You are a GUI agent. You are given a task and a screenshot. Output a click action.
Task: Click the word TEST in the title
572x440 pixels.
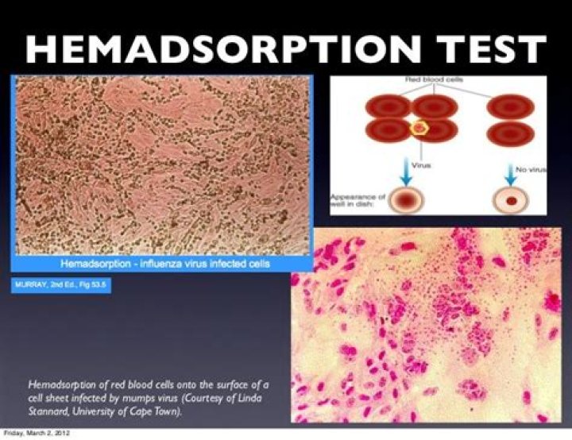pyautogui.click(x=491, y=49)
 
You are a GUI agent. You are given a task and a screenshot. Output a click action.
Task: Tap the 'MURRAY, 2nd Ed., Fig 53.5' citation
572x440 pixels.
pyautogui.click(x=60, y=284)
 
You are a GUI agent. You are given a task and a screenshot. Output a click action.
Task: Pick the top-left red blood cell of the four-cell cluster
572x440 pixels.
pyautogui.click(x=388, y=106)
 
